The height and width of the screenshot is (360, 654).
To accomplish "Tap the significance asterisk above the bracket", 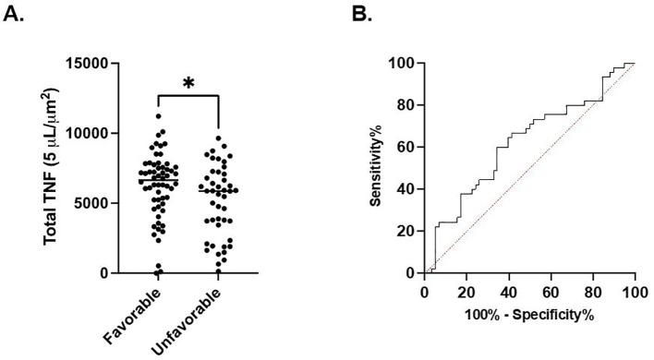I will point(188,84).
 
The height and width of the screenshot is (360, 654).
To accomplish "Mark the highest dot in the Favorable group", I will point(159,115).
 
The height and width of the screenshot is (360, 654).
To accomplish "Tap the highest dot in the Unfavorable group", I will point(218,138).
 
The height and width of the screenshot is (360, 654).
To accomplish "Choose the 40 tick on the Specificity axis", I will point(507,291).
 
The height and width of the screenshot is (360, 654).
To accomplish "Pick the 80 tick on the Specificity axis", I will point(592,291).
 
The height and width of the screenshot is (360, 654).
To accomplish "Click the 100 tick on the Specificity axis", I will point(635,291).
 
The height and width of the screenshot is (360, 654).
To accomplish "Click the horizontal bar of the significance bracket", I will point(188,96).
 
